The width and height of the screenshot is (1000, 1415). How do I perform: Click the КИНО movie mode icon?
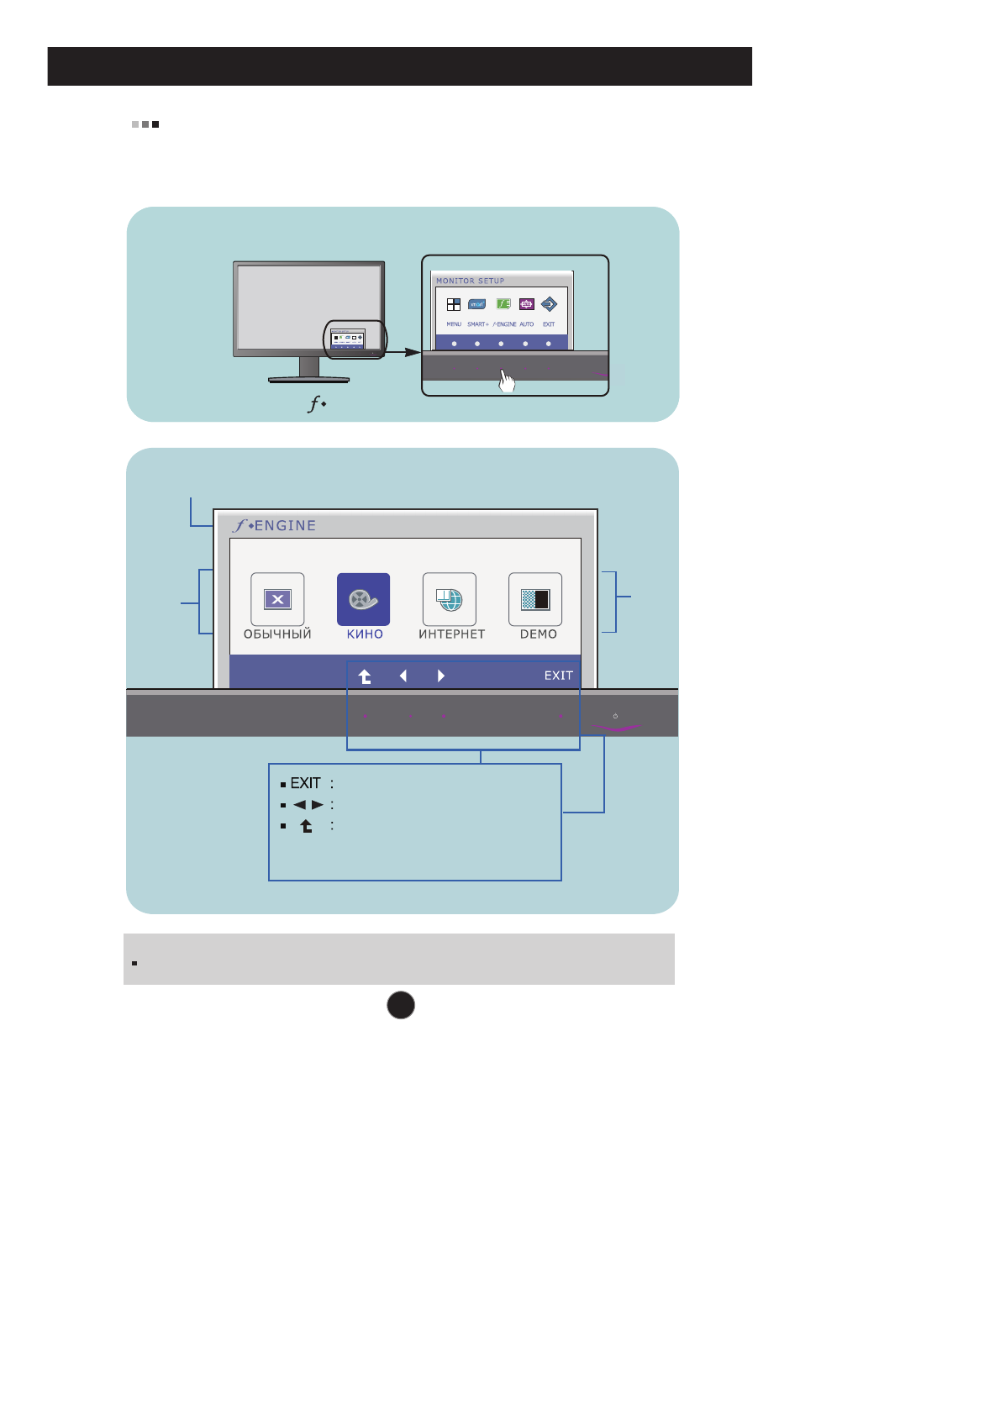click(363, 599)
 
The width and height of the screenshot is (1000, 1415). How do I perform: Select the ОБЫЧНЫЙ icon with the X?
click(277, 599)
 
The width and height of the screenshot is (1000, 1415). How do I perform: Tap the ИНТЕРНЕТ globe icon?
click(450, 599)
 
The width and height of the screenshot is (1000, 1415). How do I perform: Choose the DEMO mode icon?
click(535, 599)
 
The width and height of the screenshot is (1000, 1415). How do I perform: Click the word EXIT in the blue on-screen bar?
click(558, 676)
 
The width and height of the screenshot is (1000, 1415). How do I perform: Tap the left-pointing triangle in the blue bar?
click(403, 676)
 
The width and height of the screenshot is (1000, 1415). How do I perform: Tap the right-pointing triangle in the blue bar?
click(441, 676)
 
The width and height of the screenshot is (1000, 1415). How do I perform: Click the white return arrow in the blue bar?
click(365, 676)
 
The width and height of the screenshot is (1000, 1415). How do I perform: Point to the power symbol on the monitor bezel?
click(616, 716)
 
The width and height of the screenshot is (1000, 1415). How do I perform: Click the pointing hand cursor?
click(507, 381)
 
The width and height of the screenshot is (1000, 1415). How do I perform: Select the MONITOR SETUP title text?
click(470, 281)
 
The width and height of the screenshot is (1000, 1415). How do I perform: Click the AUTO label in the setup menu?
click(527, 324)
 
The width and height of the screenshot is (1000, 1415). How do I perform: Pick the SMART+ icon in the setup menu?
click(477, 304)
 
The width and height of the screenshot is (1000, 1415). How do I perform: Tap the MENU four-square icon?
click(454, 304)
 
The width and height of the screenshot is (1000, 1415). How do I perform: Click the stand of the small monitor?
click(309, 370)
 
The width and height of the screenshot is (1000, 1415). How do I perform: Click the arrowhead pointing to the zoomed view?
click(413, 352)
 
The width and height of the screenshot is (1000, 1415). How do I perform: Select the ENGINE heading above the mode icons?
click(285, 526)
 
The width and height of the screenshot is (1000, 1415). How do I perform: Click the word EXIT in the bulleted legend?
click(305, 783)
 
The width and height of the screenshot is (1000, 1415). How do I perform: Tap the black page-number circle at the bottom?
click(401, 1005)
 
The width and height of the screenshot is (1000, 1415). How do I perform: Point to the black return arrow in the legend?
click(307, 826)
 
